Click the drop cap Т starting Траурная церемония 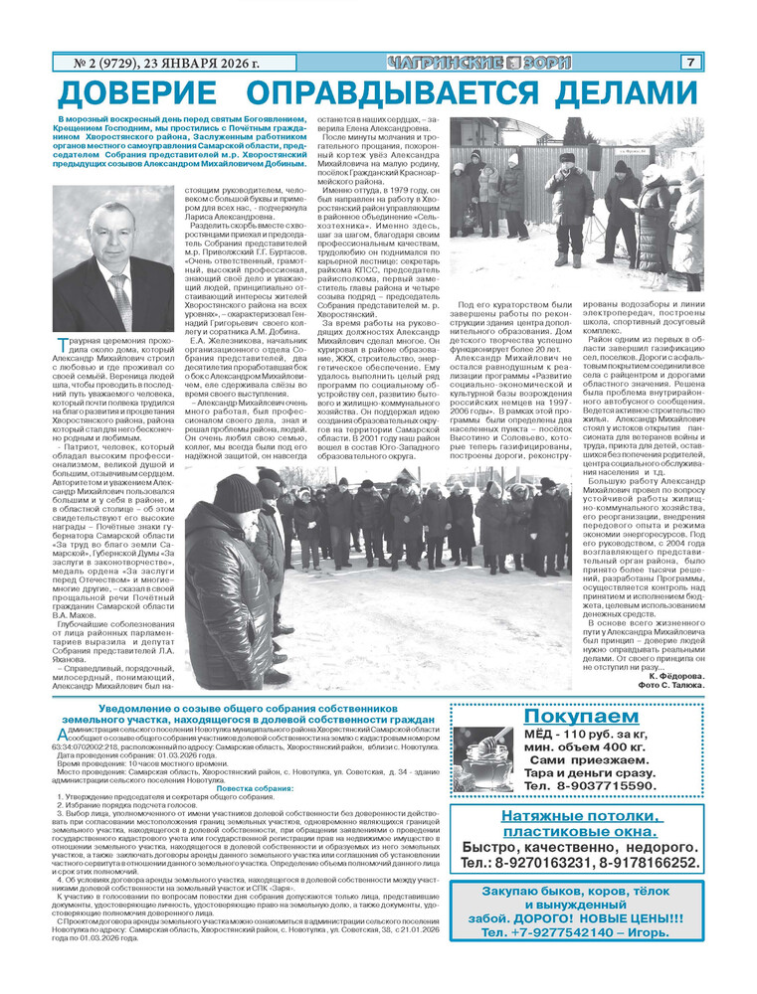coord(62,344)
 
